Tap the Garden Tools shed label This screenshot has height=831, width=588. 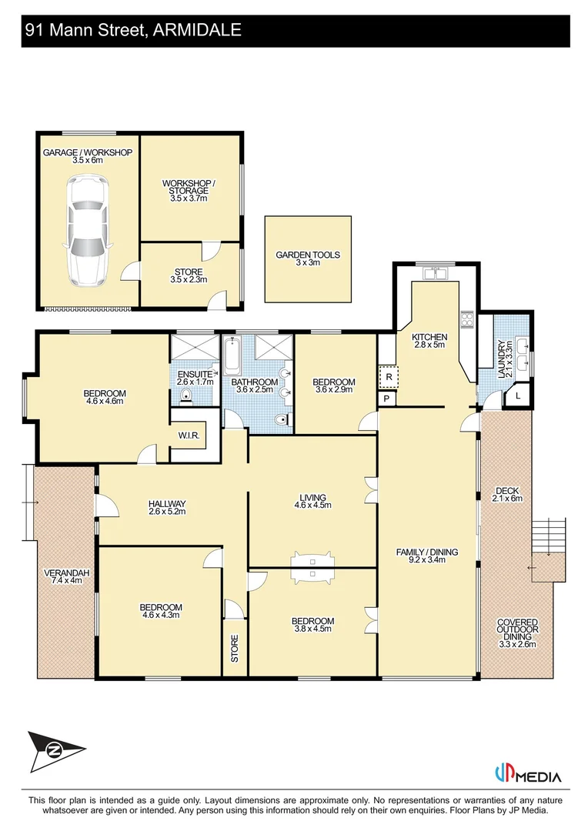(308, 259)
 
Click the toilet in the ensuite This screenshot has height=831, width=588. (185, 395)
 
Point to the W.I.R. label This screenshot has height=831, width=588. (189, 436)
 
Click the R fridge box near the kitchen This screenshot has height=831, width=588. (389, 377)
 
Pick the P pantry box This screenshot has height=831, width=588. (386, 399)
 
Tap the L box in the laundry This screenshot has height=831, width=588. (518, 396)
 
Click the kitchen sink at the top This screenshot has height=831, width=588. (436, 273)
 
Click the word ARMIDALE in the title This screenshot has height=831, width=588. (197, 30)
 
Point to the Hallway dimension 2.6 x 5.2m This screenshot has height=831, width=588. (167, 512)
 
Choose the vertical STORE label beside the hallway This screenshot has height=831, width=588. (234, 648)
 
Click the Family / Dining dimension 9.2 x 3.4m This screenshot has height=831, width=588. (427, 559)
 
